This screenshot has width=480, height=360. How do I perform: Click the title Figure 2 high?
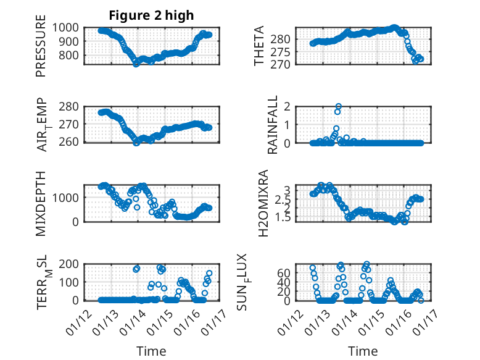click(151, 15)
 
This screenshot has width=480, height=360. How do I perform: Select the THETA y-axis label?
click(259, 46)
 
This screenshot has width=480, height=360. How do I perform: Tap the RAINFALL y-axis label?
click(272, 125)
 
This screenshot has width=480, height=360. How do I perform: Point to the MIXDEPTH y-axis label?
click(41, 203)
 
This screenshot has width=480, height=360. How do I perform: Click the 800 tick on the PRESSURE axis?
click(70, 56)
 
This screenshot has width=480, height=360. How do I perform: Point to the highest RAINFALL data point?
click(338, 107)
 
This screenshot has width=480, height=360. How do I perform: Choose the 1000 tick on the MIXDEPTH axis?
click(67, 197)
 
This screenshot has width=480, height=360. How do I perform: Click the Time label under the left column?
click(151, 351)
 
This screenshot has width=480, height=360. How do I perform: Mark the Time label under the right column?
click(363, 351)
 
